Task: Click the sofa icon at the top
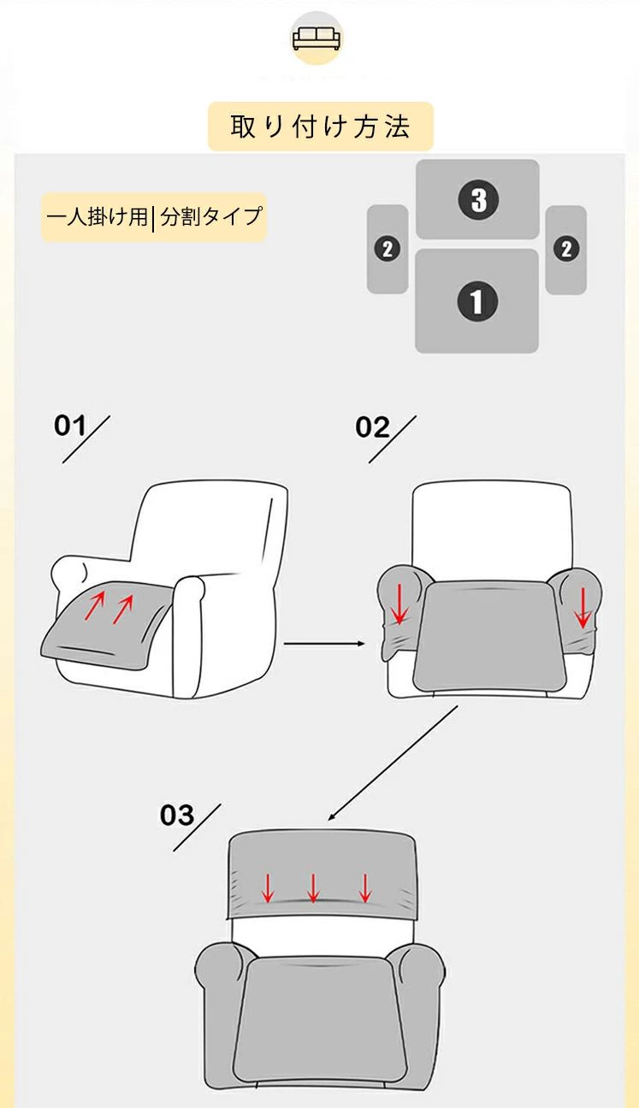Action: tap(316, 38)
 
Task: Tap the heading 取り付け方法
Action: tap(320, 127)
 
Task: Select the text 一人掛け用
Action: tap(97, 216)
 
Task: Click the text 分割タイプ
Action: tap(210, 216)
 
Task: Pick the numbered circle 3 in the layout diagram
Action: tap(478, 199)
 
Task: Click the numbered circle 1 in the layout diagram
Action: tap(477, 301)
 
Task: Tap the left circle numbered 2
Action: tap(387, 249)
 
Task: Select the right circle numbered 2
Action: tap(566, 249)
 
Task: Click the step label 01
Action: tap(69, 426)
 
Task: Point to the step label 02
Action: tap(372, 427)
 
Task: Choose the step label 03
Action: tap(177, 815)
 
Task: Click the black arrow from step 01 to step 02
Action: tap(324, 644)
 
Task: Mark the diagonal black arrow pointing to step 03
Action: tap(393, 763)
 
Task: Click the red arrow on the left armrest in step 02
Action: tap(399, 604)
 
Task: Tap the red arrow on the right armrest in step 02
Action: tap(583, 607)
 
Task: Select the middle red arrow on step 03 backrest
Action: tap(313, 888)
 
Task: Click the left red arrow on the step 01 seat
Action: tap(95, 606)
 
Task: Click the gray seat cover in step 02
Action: tap(488, 635)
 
